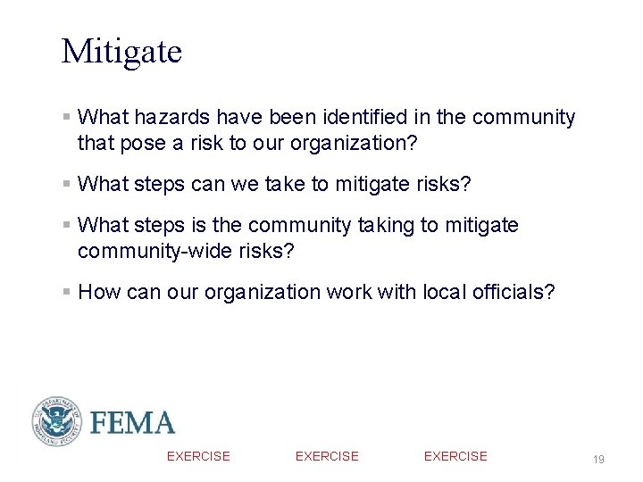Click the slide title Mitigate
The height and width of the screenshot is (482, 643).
point(121,52)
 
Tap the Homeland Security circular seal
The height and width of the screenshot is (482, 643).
point(57,421)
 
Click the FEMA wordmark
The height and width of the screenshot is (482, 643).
point(132,422)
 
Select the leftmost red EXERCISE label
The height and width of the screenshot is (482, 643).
point(198,456)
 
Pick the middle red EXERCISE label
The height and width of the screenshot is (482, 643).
point(327,456)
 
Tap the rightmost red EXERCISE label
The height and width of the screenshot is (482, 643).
point(455,456)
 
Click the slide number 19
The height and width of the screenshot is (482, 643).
point(598,459)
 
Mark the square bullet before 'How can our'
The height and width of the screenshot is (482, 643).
point(67,292)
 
